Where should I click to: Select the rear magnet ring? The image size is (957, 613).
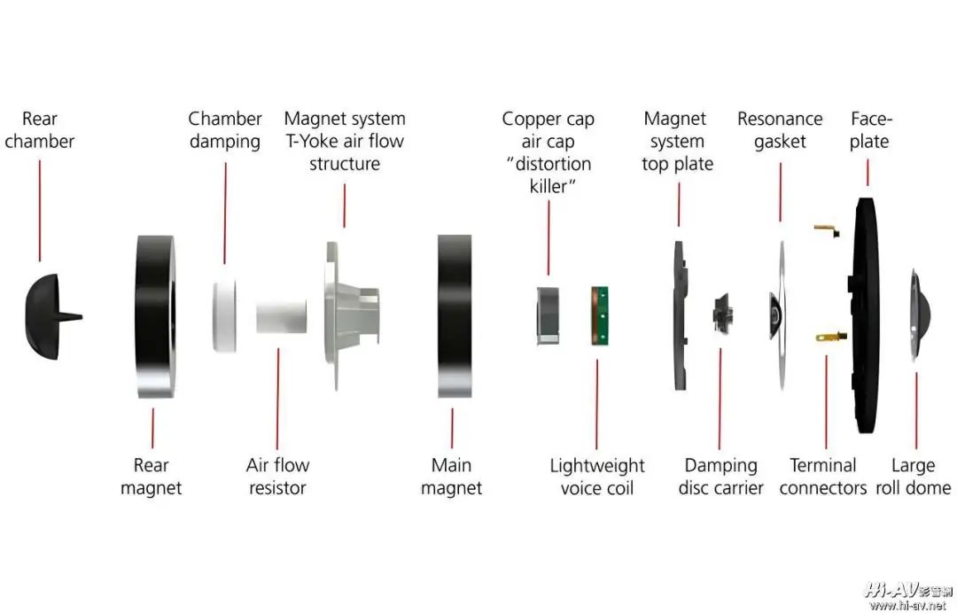156,317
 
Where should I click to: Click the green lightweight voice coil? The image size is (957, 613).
601,315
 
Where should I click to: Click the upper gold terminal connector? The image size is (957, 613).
825,231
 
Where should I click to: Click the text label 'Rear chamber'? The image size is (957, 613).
39,130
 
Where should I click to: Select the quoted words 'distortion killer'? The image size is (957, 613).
549,175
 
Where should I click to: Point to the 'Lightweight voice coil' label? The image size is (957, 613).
597,477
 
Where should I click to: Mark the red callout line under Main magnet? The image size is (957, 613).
452,428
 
